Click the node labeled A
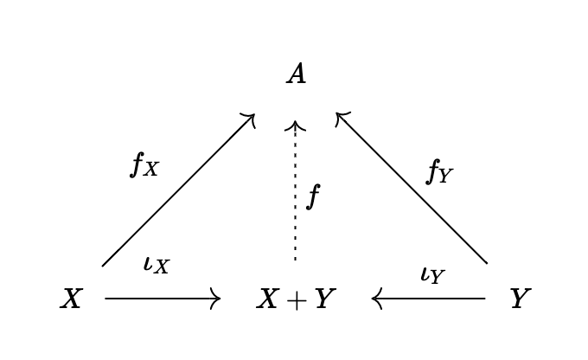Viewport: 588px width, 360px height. coord(296,74)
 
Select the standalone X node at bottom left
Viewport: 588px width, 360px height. coord(71,299)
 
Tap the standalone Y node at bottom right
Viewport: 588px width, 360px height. coord(518,299)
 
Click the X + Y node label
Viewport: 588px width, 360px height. coord(296,299)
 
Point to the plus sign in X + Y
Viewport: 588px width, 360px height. coord(296,300)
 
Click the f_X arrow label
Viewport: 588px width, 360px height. coord(144,164)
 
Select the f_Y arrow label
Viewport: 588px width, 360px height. coord(439,172)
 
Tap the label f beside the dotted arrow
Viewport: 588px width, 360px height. coord(313,197)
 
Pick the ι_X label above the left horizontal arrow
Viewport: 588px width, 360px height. coord(157,264)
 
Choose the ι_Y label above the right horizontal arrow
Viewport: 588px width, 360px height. coord(432,274)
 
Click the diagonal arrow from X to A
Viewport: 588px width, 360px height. coord(177,190)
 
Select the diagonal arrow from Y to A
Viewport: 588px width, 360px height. coord(412,189)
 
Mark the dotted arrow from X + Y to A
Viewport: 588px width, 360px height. coord(296,190)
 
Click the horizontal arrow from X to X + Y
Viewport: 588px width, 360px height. coord(162,299)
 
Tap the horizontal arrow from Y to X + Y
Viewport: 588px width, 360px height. coord(429,299)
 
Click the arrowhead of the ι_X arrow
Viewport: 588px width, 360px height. coord(217,299)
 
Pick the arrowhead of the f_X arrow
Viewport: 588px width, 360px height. coord(251,117)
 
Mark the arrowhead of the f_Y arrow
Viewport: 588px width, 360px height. coord(340,116)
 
